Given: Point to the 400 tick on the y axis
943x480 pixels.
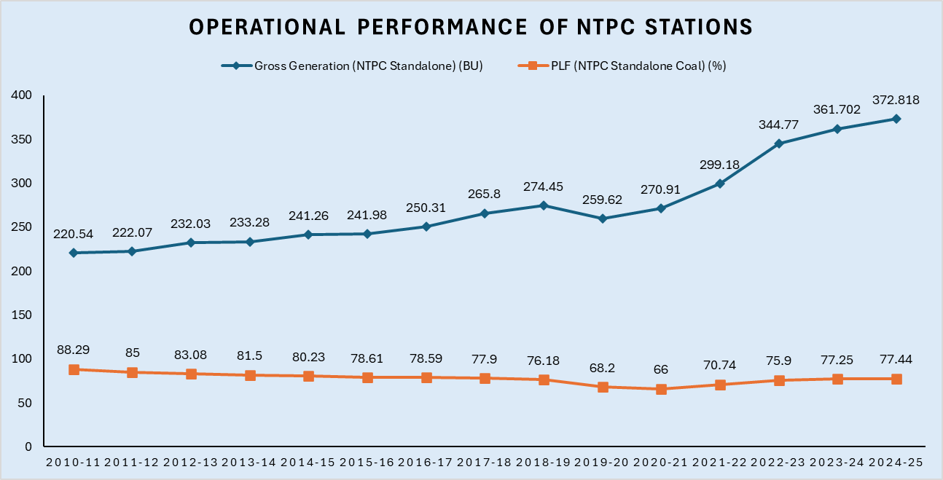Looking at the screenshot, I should pyautogui.click(x=22, y=95).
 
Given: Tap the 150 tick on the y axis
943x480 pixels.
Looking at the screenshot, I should pyautogui.click(x=22, y=315).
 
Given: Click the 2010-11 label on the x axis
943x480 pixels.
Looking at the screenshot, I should pyautogui.click(x=74, y=463).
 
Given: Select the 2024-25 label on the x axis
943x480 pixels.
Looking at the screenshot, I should pyautogui.click(x=896, y=463).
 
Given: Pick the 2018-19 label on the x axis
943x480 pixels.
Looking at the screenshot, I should pyautogui.click(x=544, y=463).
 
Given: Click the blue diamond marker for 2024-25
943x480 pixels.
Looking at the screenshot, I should pyautogui.click(x=896, y=119).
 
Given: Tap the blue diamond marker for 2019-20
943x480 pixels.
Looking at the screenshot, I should pyautogui.click(x=603, y=219).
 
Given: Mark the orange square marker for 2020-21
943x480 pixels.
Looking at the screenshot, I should pyautogui.click(x=661, y=389).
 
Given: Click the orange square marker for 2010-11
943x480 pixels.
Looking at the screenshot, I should pyautogui.click(x=74, y=369).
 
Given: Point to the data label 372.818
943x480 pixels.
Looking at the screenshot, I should pyautogui.click(x=896, y=101).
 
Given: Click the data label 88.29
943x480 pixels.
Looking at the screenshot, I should pyautogui.click(x=74, y=350).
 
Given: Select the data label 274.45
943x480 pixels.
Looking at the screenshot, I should pyautogui.click(x=544, y=187).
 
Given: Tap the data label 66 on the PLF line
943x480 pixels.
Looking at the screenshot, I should pyautogui.click(x=661, y=370).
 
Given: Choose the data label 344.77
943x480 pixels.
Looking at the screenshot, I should pyautogui.click(x=779, y=125).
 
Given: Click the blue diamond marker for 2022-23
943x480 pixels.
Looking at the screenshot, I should pyautogui.click(x=779, y=143).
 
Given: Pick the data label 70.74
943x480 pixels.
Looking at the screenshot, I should pyautogui.click(x=720, y=366).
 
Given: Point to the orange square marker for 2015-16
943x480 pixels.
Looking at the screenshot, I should pyautogui.click(x=367, y=377).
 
